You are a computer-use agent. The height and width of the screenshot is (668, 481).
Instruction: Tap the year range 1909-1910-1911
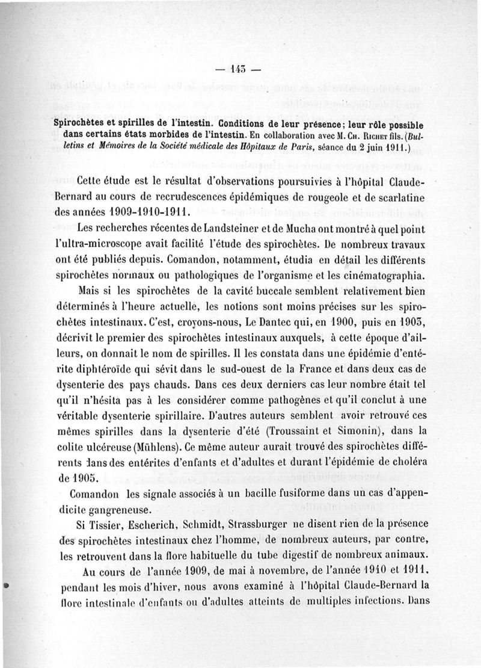click(x=141, y=212)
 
